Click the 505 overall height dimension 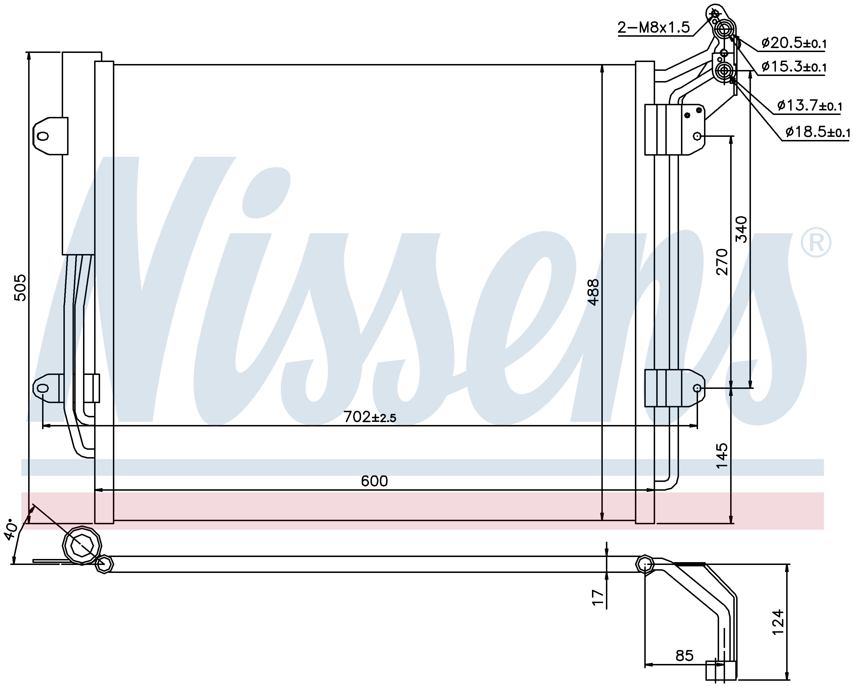[20, 288]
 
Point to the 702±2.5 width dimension [370, 417]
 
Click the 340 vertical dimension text [742, 230]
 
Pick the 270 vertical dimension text [722, 262]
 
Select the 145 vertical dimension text [722, 455]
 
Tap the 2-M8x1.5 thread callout [654, 27]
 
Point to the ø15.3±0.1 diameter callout [794, 67]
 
